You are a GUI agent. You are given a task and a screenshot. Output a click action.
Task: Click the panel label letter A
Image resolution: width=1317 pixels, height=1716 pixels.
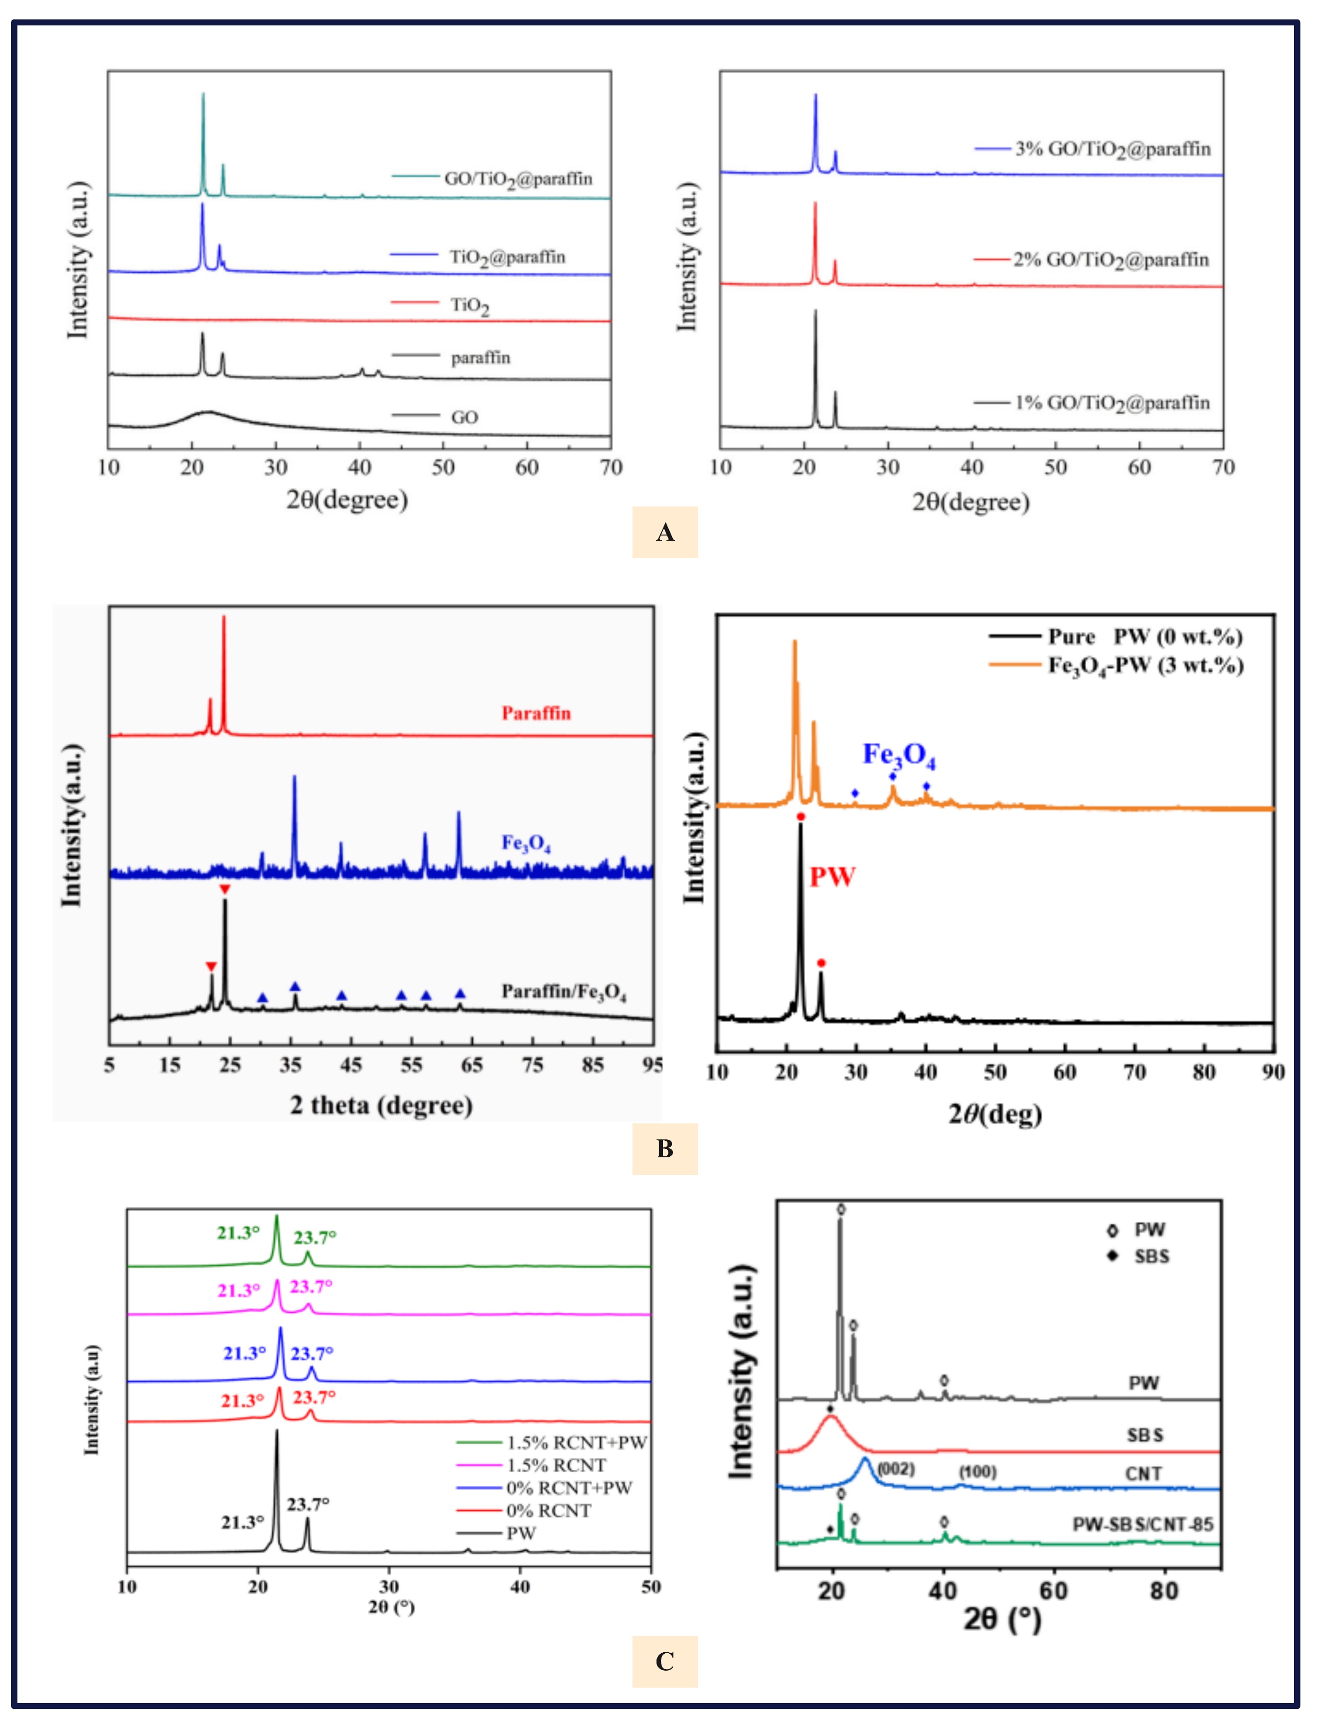click(x=665, y=533)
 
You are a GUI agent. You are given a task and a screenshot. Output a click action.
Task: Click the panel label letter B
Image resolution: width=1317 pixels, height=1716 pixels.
click(x=665, y=1148)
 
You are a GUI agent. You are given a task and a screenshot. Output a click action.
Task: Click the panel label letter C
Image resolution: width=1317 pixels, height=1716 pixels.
click(x=665, y=1661)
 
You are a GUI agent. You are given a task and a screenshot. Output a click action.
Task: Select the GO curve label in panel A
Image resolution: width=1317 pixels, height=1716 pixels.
click(x=464, y=417)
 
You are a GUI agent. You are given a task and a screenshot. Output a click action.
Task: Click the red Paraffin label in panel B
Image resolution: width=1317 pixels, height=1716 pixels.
click(x=536, y=713)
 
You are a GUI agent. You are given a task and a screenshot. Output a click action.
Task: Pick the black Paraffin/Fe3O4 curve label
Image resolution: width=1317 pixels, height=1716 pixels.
click(x=564, y=992)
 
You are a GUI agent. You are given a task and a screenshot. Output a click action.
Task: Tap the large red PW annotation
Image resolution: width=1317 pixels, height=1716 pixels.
click(x=832, y=876)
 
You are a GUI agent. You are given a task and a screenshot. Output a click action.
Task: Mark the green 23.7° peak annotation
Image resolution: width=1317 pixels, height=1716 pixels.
click(x=315, y=1238)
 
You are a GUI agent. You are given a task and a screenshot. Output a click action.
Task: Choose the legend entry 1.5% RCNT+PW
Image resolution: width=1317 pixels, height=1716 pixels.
click(x=576, y=1442)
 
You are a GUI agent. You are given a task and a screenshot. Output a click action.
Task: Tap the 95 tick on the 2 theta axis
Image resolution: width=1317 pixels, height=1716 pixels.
click(x=652, y=1065)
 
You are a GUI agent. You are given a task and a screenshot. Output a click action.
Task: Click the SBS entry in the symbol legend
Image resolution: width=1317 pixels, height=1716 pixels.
click(x=1151, y=1256)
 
